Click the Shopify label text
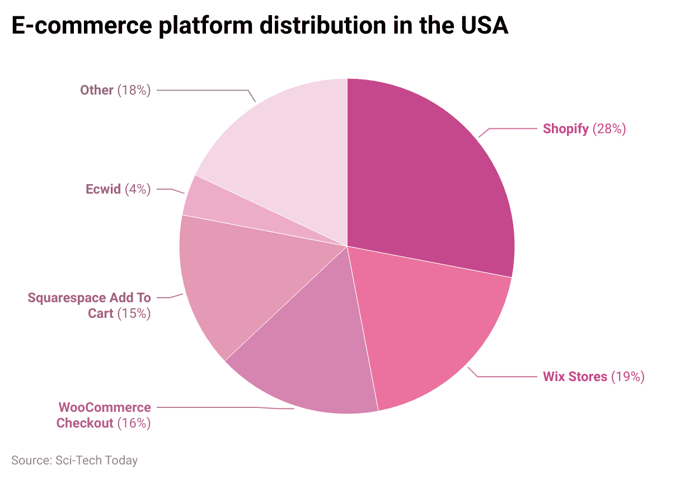(565, 129)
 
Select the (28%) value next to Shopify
(609, 129)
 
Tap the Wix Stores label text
(575, 377)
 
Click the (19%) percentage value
(627, 377)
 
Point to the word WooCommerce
(105, 407)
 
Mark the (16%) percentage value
(134, 423)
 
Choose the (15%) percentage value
(134, 313)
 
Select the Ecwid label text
(103, 189)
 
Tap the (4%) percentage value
(138, 189)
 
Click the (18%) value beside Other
(134, 90)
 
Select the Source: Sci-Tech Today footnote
(74, 461)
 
